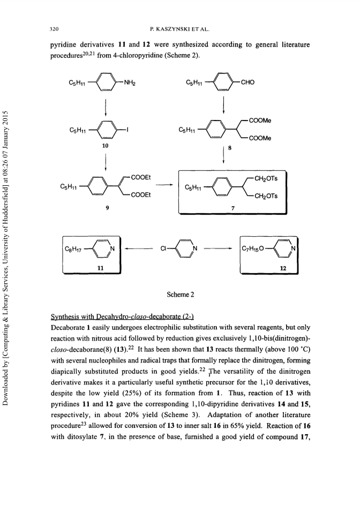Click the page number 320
click(54, 29)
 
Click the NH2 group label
click(130, 82)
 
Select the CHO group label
click(247, 82)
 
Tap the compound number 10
click(105, 146)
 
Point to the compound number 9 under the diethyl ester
click(108, 207)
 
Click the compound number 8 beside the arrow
click(230, 148)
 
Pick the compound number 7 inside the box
click(233, 208)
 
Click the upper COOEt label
click(141, 177)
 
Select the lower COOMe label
click(260, 138)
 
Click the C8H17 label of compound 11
click(73, 250)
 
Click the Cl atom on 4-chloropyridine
click(163, 249)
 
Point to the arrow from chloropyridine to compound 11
click(139, 249)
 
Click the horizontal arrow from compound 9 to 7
click(164, 186)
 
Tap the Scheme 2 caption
click(181, 294)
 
